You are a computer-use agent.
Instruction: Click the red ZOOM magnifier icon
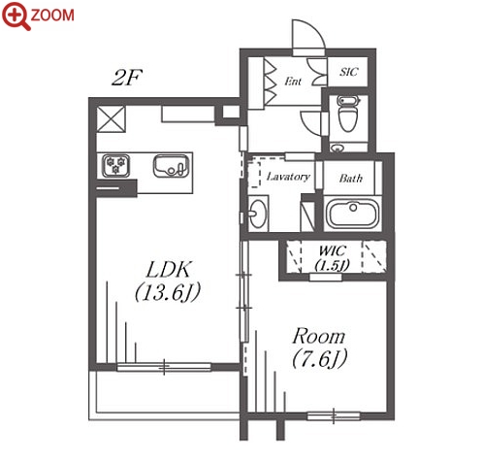16,16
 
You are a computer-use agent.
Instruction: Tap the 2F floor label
127,78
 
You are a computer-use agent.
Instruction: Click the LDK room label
169,270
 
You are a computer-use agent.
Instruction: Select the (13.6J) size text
168,292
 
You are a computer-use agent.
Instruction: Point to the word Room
318,337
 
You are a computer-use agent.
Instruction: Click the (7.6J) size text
320,358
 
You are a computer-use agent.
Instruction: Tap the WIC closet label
333,250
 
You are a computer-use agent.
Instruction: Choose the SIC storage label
349,72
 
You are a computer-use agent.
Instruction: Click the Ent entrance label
293,82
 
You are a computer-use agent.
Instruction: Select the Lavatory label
288,177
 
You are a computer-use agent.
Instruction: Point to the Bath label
351,178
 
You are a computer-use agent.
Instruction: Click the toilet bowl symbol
348,114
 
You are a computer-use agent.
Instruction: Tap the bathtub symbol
352,213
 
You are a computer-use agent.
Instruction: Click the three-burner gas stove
115,166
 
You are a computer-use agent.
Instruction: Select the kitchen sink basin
171,166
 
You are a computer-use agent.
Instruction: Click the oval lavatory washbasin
258,214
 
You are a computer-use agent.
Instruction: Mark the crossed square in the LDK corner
111,118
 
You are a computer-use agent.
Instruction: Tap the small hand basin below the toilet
338,149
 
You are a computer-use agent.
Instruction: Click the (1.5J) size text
333,265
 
